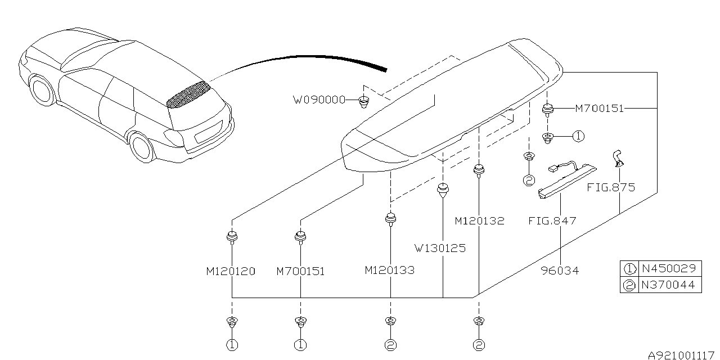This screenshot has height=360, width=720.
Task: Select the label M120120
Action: pos(230,271)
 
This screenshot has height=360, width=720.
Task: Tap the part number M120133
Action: pos(389,270)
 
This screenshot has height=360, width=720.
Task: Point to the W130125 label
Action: pos(440,247)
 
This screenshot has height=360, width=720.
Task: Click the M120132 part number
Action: pos(479,221)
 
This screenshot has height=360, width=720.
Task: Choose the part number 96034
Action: pos(560,271)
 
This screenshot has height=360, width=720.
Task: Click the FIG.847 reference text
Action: pos(552,221)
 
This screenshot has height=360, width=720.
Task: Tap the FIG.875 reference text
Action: pos(611,187)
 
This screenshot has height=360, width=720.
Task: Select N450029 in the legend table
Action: pos(668,268)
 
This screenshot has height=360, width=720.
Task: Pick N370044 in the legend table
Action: pos(668,285)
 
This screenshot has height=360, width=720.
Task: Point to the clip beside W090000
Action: pos(364,102)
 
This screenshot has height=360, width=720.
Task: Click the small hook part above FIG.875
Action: pos(619,157)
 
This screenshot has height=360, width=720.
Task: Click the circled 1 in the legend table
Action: pos(629,269)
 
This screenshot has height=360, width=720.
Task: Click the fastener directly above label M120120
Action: pos(231,237)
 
